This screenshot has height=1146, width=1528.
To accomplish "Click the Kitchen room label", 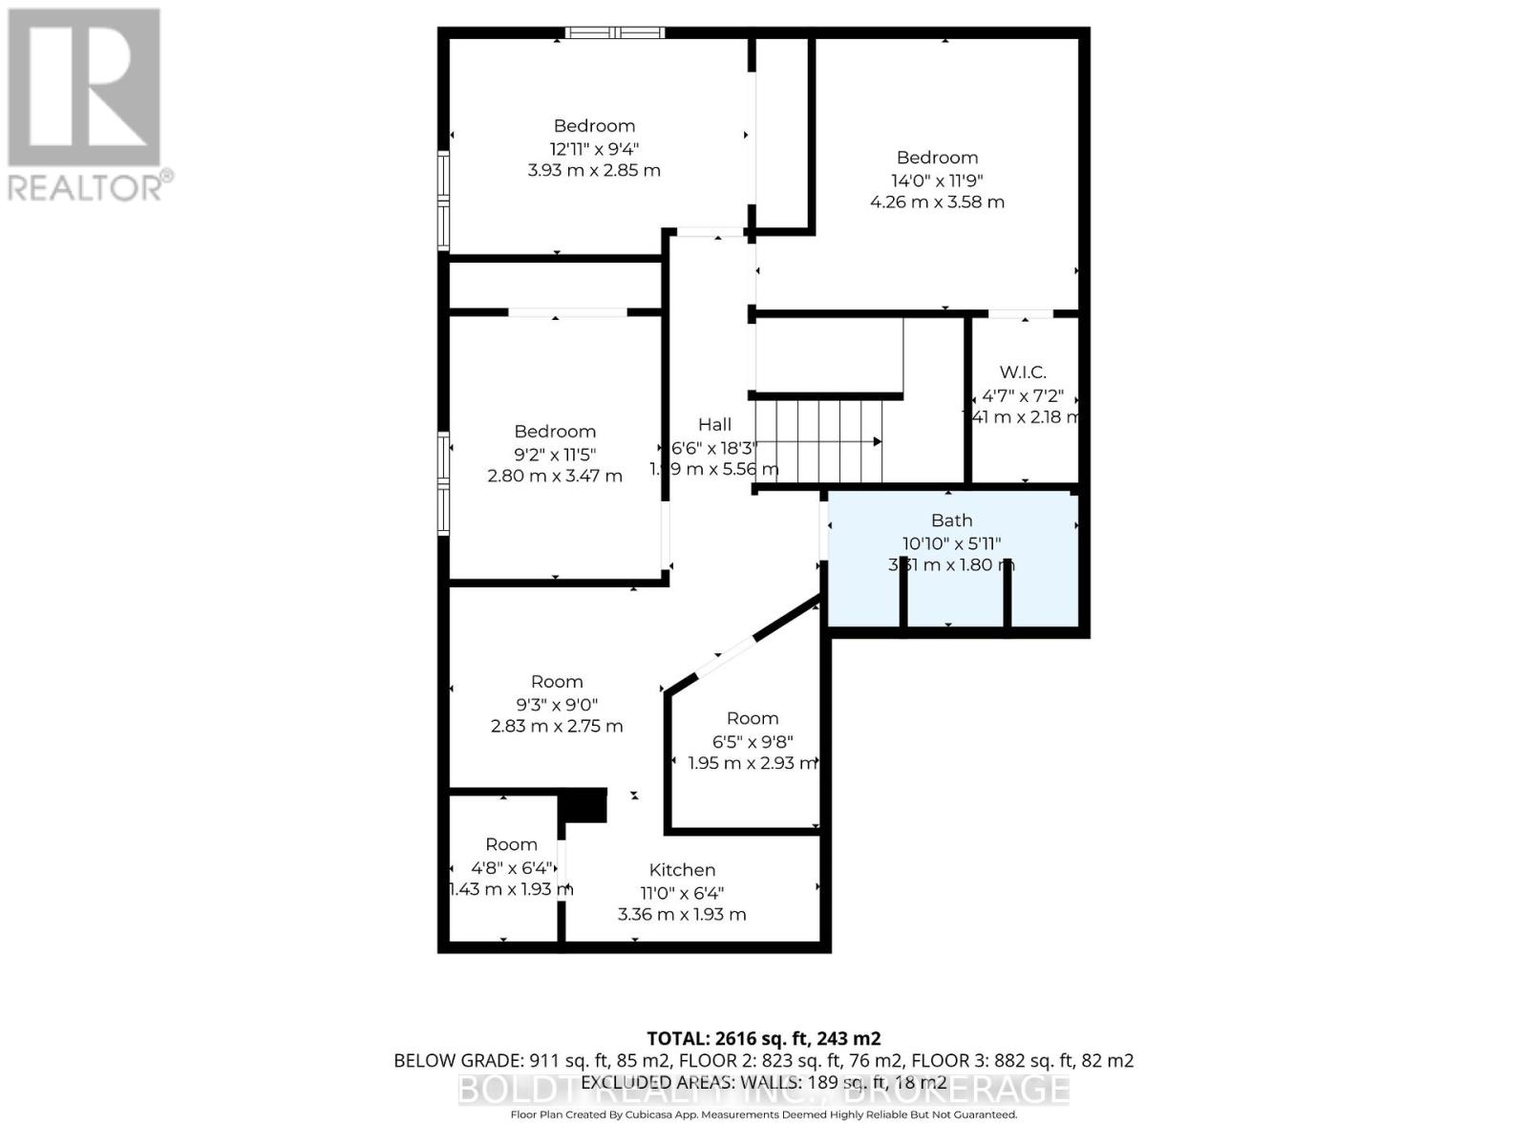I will point(682,870).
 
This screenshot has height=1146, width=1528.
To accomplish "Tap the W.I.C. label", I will point(1023,372).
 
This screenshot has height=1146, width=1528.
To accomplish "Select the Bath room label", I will point(951,520).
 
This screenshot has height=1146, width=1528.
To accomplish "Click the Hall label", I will point(714,425).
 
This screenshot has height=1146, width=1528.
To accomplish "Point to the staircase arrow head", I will point(876,441).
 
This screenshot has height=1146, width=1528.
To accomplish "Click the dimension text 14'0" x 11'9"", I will point(937,180).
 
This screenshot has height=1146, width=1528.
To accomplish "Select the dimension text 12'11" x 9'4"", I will point(594,148).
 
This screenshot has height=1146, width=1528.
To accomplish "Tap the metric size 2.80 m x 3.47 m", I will point(555,476).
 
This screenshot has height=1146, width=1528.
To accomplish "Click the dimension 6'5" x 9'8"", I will point(753,741).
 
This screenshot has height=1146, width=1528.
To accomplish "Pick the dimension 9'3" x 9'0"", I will point(557,704).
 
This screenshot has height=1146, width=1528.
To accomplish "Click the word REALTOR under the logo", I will point(86,186).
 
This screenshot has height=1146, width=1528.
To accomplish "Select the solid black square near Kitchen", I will point(583,805).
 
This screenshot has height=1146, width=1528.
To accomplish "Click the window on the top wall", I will point(614,32).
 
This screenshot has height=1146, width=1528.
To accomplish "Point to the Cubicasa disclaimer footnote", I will point(763,1114).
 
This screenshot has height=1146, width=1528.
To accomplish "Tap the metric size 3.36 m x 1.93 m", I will point(682,914).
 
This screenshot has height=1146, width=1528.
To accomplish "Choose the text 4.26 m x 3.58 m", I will point(937,202).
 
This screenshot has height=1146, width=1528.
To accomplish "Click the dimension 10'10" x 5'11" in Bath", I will point(951,543).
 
